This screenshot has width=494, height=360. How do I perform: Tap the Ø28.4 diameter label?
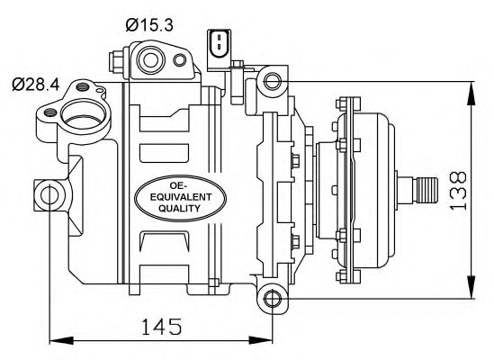pos(35,85)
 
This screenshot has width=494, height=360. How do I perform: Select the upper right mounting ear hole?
pos(273,82)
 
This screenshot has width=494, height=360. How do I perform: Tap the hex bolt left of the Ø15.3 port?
pos(115,61)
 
